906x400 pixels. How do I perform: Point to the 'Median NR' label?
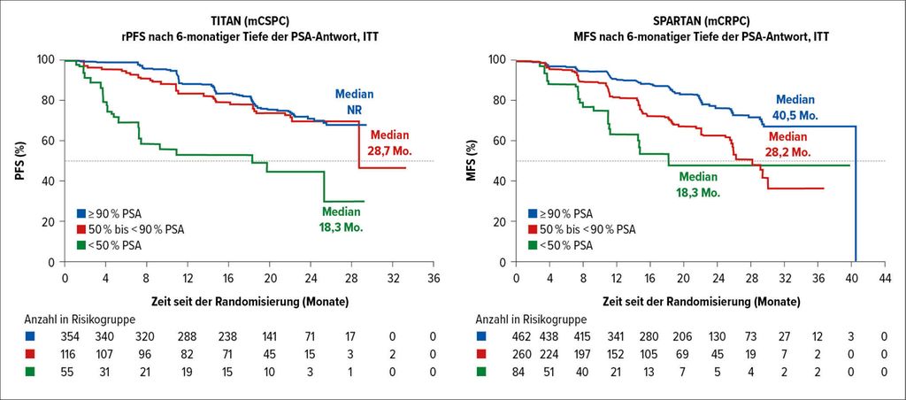(354, 101)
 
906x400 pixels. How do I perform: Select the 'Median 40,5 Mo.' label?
(797, 107)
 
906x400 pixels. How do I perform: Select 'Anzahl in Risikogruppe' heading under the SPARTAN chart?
(532, 319)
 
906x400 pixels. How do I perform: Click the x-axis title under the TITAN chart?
(249, 302)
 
